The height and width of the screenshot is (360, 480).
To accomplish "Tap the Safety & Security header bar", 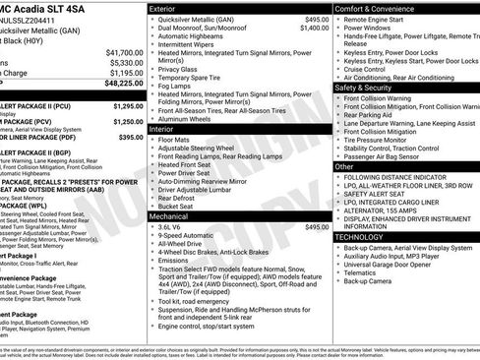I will pos(371,87).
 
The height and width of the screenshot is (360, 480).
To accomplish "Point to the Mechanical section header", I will pos(170,214).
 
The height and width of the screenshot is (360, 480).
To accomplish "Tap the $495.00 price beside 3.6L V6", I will pos(317,226).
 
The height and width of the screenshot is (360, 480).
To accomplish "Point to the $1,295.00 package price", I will pos(128,105).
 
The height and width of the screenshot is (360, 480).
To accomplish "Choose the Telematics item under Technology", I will pos(361,272).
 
